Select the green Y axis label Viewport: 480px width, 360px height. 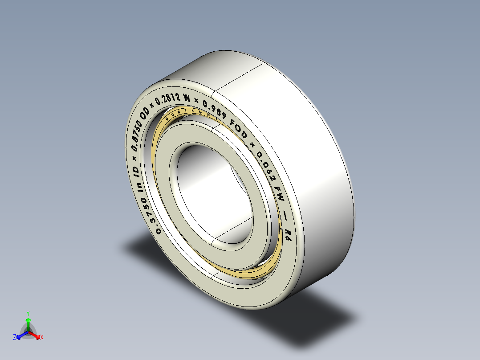tap(28, 313)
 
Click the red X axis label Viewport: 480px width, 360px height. tap(42, 338)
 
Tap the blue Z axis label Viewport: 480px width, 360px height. tap(15, 338)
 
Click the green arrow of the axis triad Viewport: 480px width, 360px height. tap(28, 322)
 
